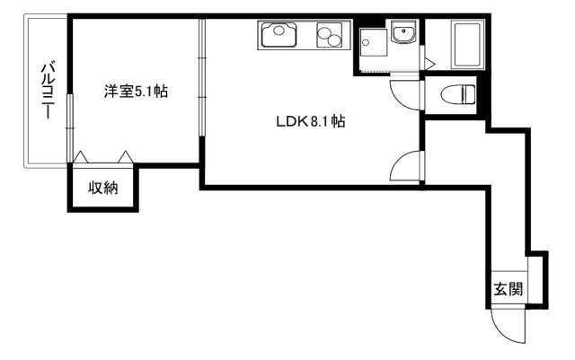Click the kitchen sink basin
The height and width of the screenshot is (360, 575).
[278, 36]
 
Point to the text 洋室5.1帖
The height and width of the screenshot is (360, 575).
[136, 91]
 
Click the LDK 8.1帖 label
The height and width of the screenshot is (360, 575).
[310, 122]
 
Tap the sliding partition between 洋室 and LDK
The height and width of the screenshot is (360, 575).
[202, 90]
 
